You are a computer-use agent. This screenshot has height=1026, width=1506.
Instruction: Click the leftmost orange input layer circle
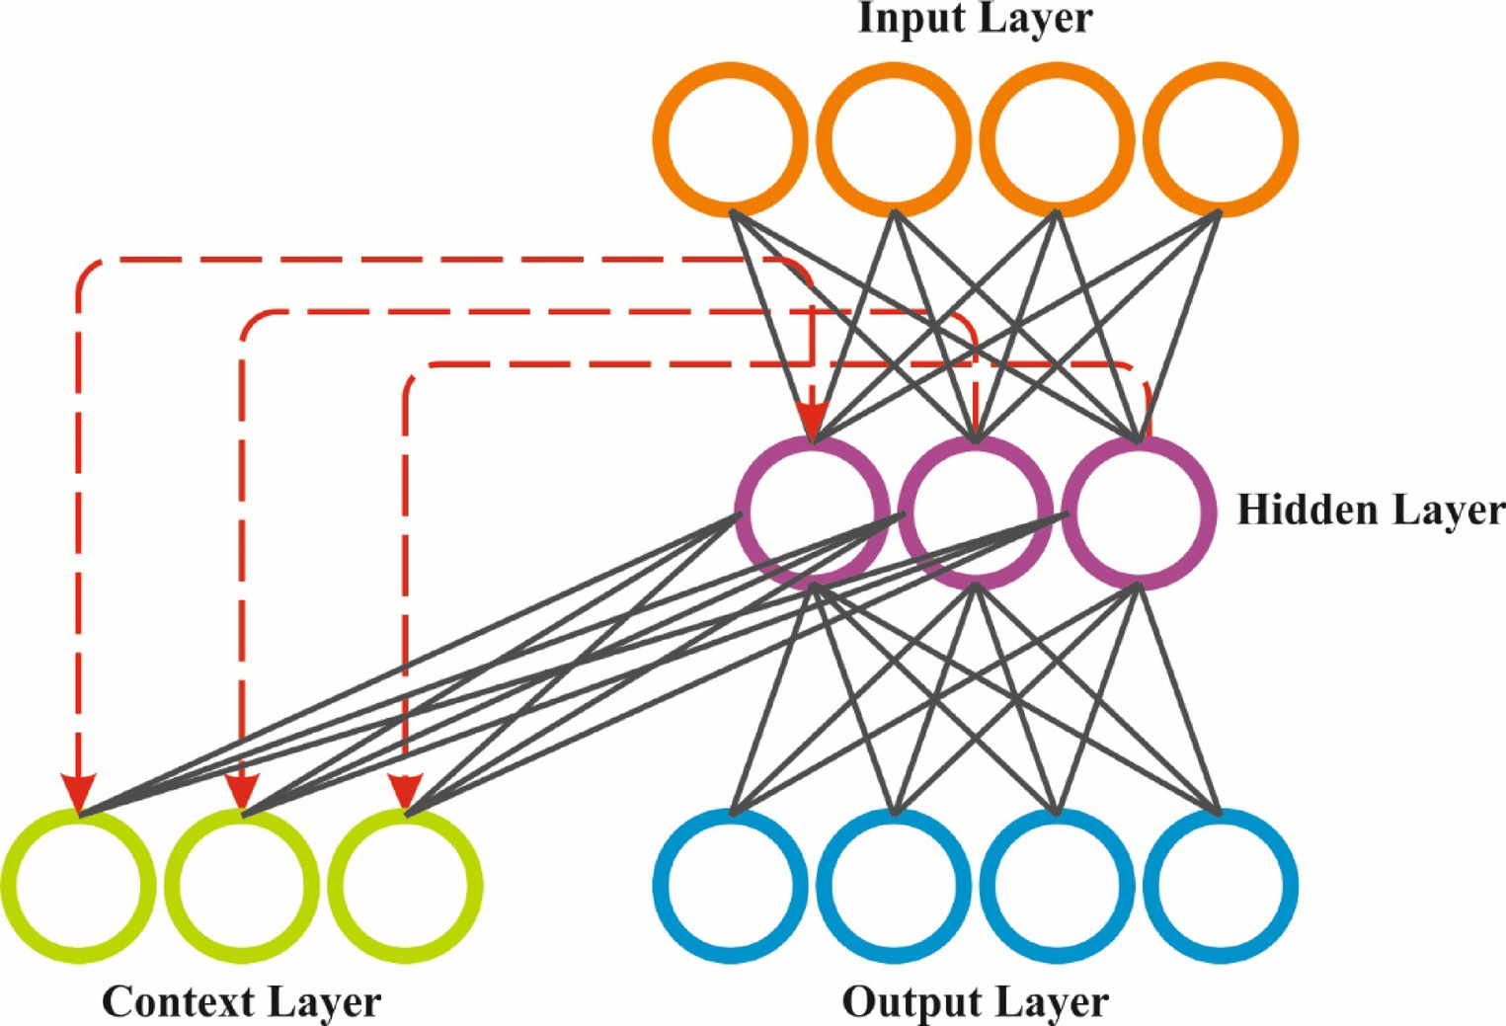(x=731, y=139)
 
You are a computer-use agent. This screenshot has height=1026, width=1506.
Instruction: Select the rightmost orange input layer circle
(x=1221, y=139)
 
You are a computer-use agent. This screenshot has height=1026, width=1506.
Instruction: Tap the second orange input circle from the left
(x=894, y=139)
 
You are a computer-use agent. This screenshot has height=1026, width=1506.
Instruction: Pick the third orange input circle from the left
(x=1057, y=139)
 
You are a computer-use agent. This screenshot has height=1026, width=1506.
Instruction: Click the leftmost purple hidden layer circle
(x=812, y=513)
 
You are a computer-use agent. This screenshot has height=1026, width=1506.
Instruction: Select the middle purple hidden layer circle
(x=975, y=513)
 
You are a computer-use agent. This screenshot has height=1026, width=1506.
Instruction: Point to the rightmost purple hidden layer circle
(x=1139, y=513)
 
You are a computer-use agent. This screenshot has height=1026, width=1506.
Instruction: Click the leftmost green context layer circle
(x=78, y=885)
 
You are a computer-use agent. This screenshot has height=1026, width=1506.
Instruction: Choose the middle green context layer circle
(x=242, y=885)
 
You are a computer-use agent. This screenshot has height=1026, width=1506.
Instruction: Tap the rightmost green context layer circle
(x=405, y=885)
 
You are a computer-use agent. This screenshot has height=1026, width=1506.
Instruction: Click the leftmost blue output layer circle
(x=731, y=885)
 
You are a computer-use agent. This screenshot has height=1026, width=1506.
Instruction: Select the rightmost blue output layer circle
(x=1221, y=885)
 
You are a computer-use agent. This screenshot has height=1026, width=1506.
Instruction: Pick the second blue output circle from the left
(x=894, y=885)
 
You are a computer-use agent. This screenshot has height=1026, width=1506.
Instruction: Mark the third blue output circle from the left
(x=1057, y=885)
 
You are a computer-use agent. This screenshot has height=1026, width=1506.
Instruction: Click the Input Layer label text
(x=975, y=18)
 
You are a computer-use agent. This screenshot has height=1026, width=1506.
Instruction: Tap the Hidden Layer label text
(x=1371, y=511)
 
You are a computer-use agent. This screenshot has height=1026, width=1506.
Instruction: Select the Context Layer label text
(x=241, y=1001)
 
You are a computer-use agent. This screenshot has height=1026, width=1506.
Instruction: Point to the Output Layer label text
(x=975, y=1001)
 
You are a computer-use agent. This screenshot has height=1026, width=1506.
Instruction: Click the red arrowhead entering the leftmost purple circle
(x=812, y=422)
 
